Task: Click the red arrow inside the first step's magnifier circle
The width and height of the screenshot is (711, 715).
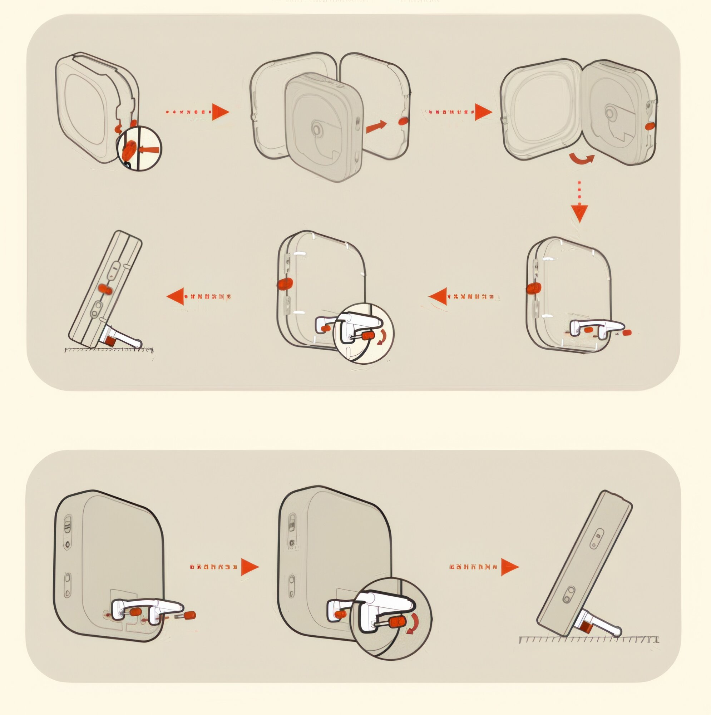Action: tap(149, 150)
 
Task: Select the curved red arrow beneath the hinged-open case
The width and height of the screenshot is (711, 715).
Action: tap(582, 158)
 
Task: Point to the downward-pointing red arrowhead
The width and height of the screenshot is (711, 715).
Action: tap(579, 213)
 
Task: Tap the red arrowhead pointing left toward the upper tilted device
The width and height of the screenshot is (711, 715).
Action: tap(176, 296)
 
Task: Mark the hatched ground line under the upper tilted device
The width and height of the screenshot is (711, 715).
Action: tap(109, 349)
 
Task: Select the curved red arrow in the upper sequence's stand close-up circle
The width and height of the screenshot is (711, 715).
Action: tap(382, 337)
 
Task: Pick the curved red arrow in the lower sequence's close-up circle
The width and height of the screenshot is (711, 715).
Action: tap(412, 623)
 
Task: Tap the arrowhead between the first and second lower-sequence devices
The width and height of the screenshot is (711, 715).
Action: tap(250, 567)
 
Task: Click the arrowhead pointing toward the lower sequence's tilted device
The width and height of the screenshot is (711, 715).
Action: tap(510, 567)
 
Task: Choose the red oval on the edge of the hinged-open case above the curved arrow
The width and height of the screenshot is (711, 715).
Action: tap(650, 126)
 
